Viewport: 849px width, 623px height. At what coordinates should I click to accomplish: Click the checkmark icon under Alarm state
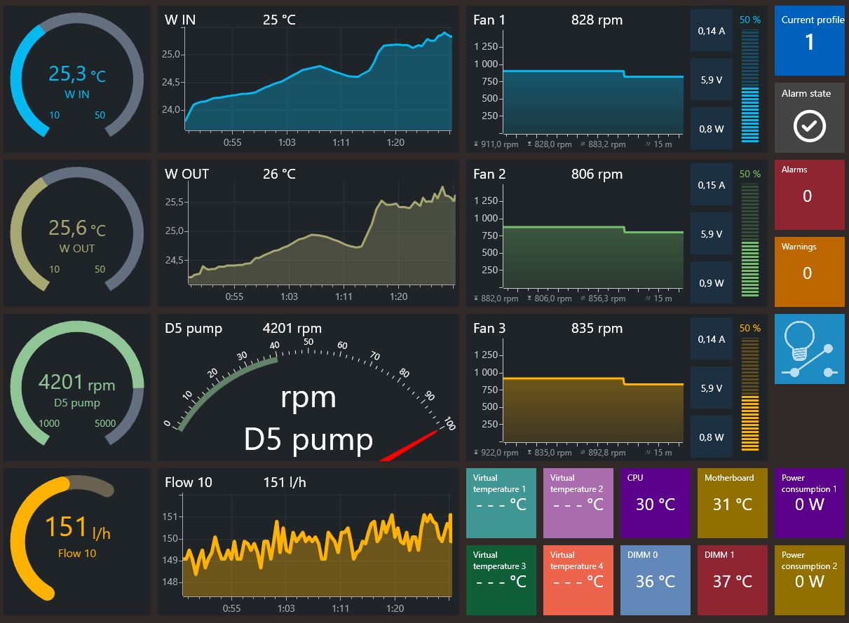(x=809, y=126)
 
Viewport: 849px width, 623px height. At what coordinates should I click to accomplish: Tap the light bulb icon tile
(x=809, y=348)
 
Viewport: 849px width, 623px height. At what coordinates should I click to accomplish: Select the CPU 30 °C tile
(x=655, y=503)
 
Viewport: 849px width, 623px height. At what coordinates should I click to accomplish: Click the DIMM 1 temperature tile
(x=732, y=580)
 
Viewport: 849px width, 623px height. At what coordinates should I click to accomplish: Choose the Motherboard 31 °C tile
(x=732, y=503)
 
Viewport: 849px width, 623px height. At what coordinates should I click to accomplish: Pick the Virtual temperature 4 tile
(x=578, y=580)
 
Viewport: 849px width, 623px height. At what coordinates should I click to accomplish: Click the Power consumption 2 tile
(x=809, y=580)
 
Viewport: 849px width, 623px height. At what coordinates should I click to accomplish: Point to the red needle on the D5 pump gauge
(x=409, y=446)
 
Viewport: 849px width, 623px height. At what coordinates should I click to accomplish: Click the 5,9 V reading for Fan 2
(x=712, y=234)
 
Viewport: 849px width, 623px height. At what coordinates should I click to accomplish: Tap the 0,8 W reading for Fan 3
(x=712, y=437)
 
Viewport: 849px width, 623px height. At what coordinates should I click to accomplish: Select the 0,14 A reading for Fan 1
(x=712, y=31)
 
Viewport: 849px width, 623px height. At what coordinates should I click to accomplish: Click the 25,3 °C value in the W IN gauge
(x=77, y=74)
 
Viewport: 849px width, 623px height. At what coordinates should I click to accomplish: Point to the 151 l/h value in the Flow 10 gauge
(x=78, y=527)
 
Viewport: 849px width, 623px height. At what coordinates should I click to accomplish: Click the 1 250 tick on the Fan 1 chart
(x=486, y=47)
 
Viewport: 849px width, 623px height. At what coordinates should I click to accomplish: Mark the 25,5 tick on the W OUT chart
(x=175, y=202)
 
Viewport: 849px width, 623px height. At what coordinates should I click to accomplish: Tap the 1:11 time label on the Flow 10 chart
(x=340, y=608)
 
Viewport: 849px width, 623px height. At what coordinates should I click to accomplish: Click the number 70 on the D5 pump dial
(x=374, y=356)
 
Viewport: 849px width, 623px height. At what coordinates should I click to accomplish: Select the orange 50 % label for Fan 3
(x=750, y=328)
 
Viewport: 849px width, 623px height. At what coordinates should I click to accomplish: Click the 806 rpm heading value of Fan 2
(x=597, y=174)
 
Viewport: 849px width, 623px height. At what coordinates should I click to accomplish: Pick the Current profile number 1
(x=809, y=41)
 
